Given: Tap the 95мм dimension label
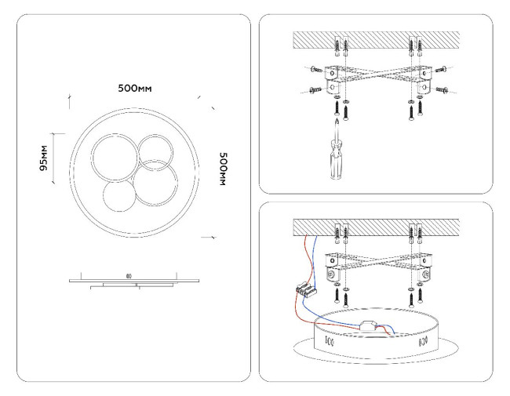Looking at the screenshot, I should [x=46, y=158].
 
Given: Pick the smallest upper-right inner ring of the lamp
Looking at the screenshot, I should [x=154, y=150].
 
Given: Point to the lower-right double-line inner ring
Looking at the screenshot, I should [x=155, y=184].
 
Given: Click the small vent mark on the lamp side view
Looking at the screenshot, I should [x=129, y=275].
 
